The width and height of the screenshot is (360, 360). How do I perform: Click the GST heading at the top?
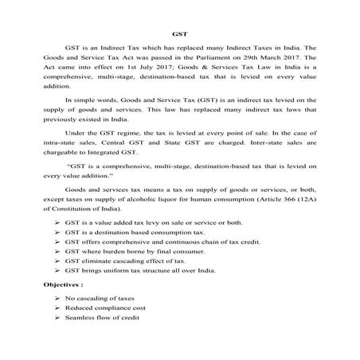click(x=179, y=34)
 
